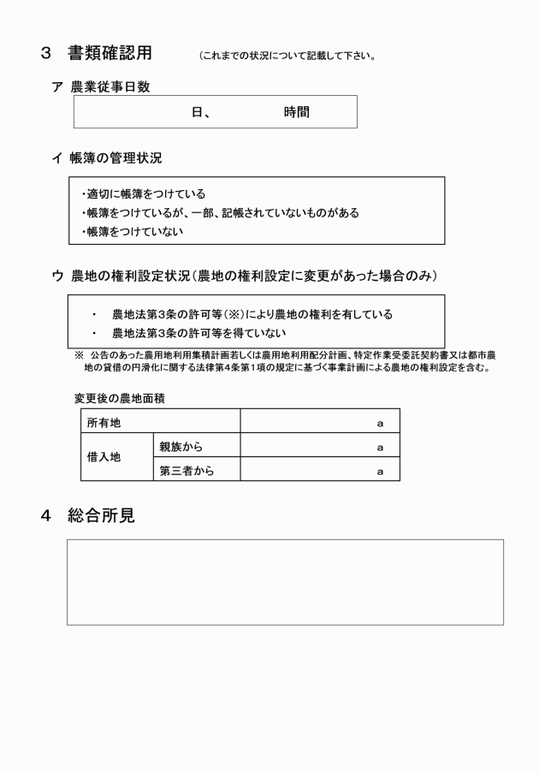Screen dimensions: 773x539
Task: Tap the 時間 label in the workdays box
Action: [x=296, y=112]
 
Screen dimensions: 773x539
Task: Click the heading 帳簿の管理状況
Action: [x=115, y=158]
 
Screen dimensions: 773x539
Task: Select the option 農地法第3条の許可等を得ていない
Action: [x=198, y=333]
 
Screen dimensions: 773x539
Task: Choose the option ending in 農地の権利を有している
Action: [x=252, y=314]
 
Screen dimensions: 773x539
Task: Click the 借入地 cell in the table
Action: [x=104, y=458]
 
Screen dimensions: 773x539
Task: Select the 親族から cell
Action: [x=181, y=446]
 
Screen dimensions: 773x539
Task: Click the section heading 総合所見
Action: [x=101, y=515]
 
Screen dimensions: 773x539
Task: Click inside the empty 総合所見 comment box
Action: [x=285, y=582]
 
